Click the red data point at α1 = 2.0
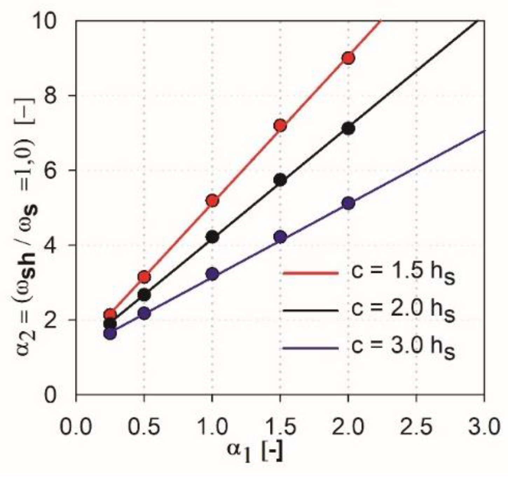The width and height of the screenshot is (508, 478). pyautogui.click(x=348, y=58)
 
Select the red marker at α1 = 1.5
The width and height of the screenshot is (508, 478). pyautogui.click(x=280, y=125)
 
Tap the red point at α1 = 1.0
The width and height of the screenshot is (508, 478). pyautogui.click(x=212, y=201)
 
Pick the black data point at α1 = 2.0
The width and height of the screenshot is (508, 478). pyautogui.click(x=348, y=129)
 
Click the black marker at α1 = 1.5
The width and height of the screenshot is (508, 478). pyautogui.click(x=280, y=180)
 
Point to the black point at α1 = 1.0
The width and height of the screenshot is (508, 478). pyautogui.click(x=212, y=237)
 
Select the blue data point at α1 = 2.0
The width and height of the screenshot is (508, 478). pyautogui.click(x=348, y=203)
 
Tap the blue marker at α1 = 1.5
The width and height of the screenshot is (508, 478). pyautogui.click(x=280, y=237)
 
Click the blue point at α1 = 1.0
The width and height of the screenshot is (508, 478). pyautogui.click(x=212, y=274)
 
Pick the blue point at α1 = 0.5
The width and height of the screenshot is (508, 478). pyautogui.click(x=144, y=313)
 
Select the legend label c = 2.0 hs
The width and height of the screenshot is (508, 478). pyautogui.click(x=403, y=310)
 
